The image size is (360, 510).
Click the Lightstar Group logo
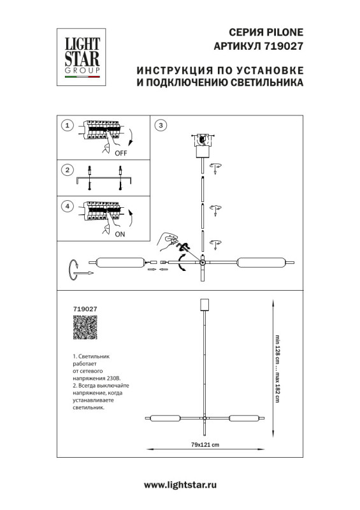point(80,55)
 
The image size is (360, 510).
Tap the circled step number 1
point(66,125)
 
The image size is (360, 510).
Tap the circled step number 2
point(66,170)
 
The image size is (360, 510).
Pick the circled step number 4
point(66,206)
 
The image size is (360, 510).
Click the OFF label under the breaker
point(121,154)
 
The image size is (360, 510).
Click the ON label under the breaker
point(120,234)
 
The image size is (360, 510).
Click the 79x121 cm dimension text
point(206,444)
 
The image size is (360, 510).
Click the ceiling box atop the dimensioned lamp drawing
point(205,304)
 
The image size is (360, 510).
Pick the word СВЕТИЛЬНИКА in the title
point(264,83)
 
